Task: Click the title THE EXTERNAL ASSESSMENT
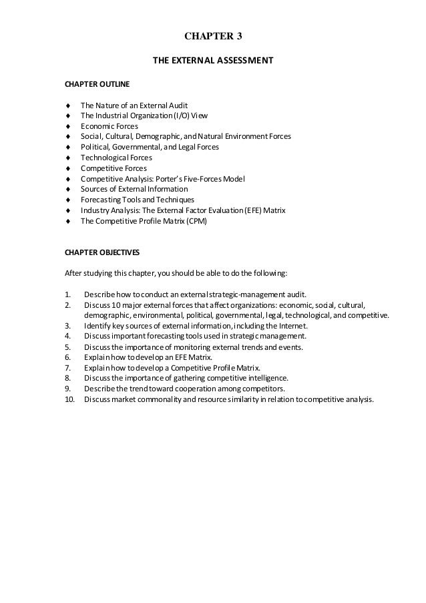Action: coord(213,61)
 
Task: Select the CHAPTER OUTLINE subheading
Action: coord(93,85)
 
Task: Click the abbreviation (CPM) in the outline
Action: coord(196,220)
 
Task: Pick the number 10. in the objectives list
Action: coord(69,400)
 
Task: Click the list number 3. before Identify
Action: coord(67,325)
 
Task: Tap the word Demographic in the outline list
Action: coord(154,136)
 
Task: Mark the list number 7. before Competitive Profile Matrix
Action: coord(67,368)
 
